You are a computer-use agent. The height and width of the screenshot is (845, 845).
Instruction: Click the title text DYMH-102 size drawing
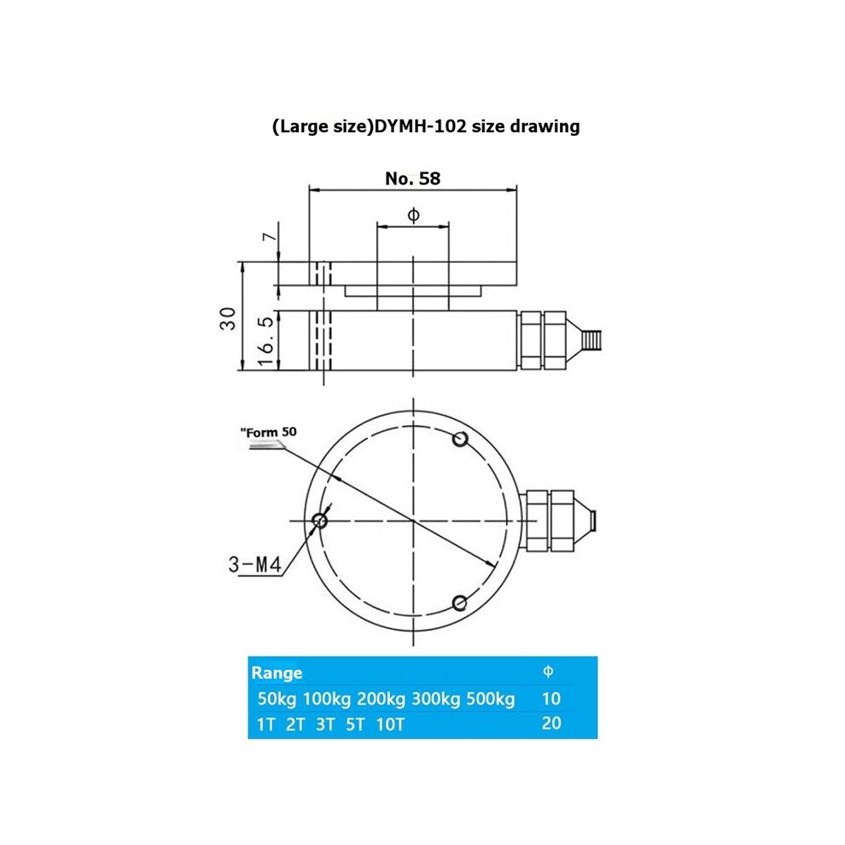pyautogui.click(x=477, y=126)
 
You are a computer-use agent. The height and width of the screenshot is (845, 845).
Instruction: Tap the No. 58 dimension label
pyautogui.click(x=413, y=178)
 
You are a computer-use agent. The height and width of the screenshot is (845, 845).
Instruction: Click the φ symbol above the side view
pyautogui.click(x=413, y=215)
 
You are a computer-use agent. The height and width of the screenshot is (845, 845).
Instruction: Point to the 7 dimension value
pyautogui.click(x=270, y=237)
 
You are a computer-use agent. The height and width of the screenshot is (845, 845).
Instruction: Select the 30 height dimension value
pyautogui.click(x=229, y=318)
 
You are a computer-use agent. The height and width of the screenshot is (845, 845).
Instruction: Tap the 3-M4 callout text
pyautogui.click(x=255, y=564)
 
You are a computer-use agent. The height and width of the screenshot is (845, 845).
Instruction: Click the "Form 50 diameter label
pyautogui.click(x=268, y=432)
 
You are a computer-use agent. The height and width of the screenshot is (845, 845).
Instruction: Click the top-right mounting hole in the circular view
pyautogui.click(x=460, y=440)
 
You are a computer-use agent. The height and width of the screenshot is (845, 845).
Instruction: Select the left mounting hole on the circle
pyautogui.click(x=319, y=521)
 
